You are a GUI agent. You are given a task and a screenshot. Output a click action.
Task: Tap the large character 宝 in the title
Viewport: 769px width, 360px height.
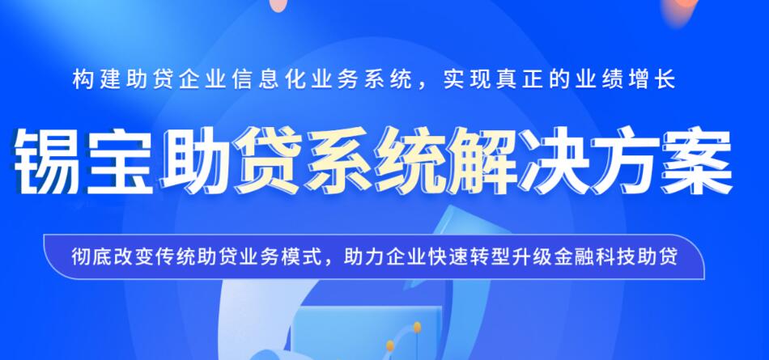coord(120,162)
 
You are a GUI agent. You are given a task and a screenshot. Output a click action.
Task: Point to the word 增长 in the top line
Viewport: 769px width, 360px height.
coord(656,80)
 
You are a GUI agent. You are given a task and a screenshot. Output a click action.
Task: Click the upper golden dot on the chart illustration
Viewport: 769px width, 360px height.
coord(417,327)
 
